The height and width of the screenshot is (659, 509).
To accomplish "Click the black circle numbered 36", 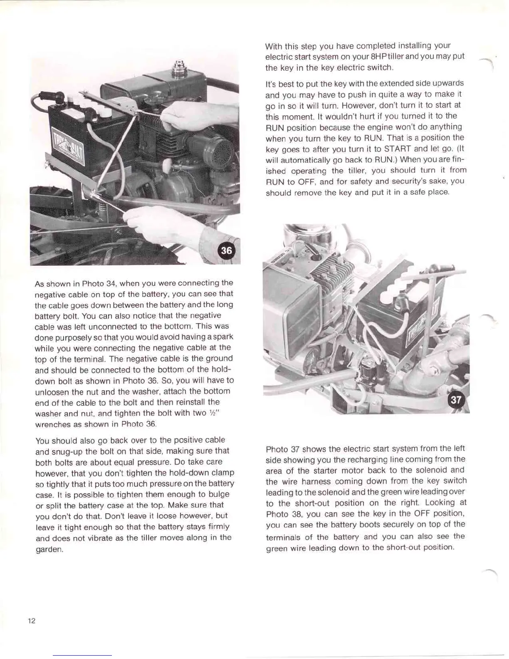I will point(227,250).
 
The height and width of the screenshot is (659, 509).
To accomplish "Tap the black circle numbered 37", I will point(456,400).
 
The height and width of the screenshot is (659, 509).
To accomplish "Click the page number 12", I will point(32,621).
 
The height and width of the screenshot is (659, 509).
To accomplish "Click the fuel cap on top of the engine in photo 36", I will point(179,67).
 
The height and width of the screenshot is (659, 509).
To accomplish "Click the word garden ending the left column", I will point(49,550).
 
